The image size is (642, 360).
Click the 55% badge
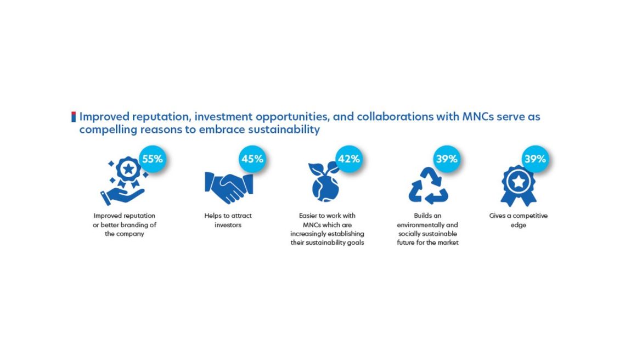[153, 159]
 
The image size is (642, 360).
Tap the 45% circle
[252, 159]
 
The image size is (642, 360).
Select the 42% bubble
[349, 159]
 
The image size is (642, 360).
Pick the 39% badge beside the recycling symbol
[446, 159]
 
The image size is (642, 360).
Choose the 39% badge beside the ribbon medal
[535, 159]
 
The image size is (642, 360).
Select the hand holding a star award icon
[124, 181]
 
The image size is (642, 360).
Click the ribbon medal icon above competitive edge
[519, 186]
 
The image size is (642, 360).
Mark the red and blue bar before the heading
[74, 117]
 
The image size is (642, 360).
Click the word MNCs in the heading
[478, 117]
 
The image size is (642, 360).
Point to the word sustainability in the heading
[284, 130]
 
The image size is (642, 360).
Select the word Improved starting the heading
[104, 117]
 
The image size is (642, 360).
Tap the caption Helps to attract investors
[228, 221]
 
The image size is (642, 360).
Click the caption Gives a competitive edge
[519, 221]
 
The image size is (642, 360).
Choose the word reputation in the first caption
[139, 216]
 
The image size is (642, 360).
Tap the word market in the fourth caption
[448, 243]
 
